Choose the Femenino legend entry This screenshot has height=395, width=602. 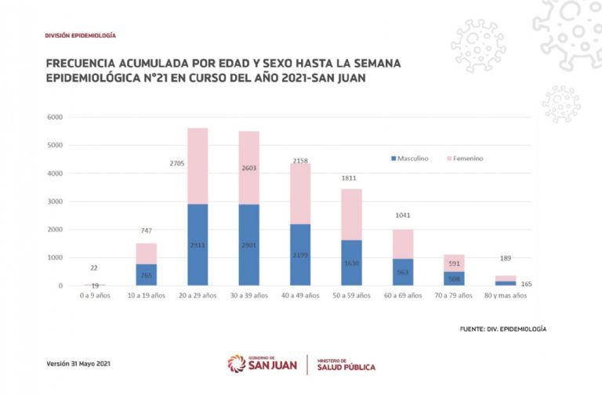click(x=464, y=158)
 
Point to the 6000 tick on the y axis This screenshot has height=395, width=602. click(x=54, y=118)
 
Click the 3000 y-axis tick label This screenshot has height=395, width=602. click(x=54, y=201)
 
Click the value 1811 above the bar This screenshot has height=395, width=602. click(x=350, y=178)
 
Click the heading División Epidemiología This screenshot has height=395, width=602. click(x=81, y=36)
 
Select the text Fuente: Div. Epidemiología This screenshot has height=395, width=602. click(x=502, y=328)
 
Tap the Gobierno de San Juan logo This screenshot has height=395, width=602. click(x=263, y=364)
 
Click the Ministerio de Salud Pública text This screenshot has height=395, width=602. click(x=346, y=364)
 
